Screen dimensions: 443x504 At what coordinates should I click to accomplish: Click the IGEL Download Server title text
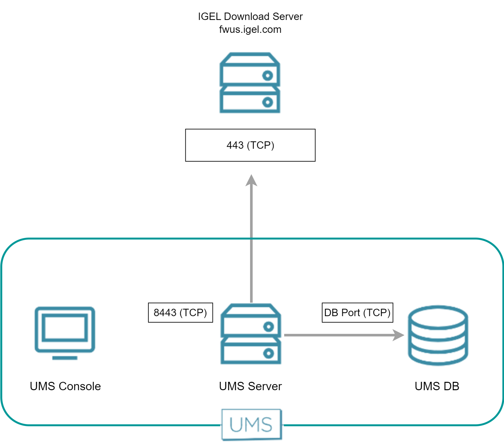[250, 16]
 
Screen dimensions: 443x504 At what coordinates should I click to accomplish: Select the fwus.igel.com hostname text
[250, 29]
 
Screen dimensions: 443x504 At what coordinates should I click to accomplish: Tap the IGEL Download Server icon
[250, 83]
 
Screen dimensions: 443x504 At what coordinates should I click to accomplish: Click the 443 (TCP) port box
[250, 145]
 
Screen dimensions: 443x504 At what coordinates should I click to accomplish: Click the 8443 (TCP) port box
[180, 312]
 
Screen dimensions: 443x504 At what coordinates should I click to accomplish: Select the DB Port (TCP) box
[357, 312]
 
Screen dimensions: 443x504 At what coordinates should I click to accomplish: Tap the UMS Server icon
[251, 334]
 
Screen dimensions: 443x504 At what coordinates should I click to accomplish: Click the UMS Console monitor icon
[65, 330]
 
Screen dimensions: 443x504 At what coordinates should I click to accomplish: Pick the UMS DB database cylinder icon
[438, 335]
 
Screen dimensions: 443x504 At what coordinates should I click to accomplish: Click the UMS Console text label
[65, 386]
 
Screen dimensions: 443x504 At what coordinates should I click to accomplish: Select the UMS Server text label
[250, 386]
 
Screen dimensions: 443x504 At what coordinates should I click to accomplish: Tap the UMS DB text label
[437, 386]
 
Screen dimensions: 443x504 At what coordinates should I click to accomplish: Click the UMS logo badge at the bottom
[251, 424]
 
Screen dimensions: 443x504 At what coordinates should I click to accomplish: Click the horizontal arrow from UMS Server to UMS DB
[338, 335]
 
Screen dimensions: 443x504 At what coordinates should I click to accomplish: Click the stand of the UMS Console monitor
[65, 358]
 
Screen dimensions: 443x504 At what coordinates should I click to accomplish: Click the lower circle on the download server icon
[267, 102]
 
